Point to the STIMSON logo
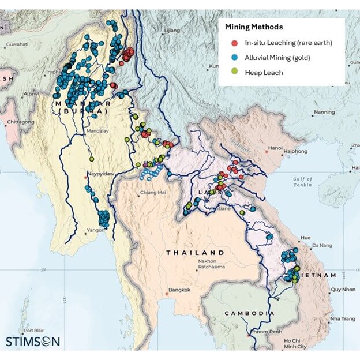pyautogui.click(x=32, y=341)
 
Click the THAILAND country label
pyautogui.click(x=195, y=253)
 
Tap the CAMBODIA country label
pyautogui.click(x=245, y=313)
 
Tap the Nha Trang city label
pyautogui.click(x=343, y=318)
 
